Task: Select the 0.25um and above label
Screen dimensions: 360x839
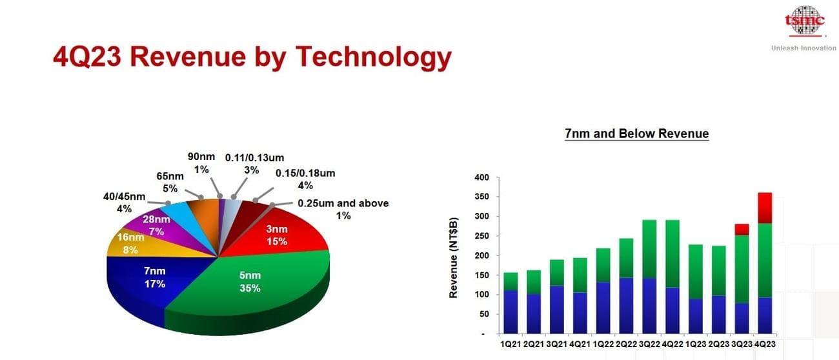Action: click(343, 209)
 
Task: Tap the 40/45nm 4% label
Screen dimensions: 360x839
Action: click(125, 203)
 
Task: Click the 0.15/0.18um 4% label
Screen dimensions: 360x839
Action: click(305, 179)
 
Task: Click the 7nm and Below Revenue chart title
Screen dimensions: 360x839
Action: click(636, 134)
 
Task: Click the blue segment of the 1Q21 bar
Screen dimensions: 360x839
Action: click(510, 312)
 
